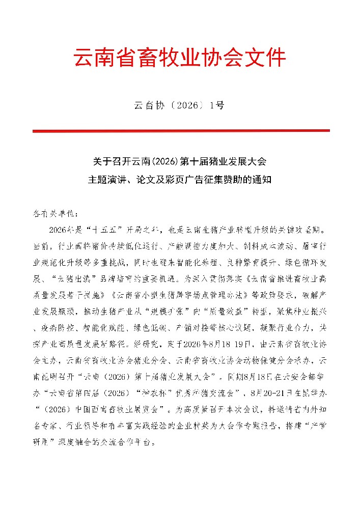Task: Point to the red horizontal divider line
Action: tap(180, 131)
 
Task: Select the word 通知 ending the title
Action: tap(264, 180)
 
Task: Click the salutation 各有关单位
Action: tap(55, 214)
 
